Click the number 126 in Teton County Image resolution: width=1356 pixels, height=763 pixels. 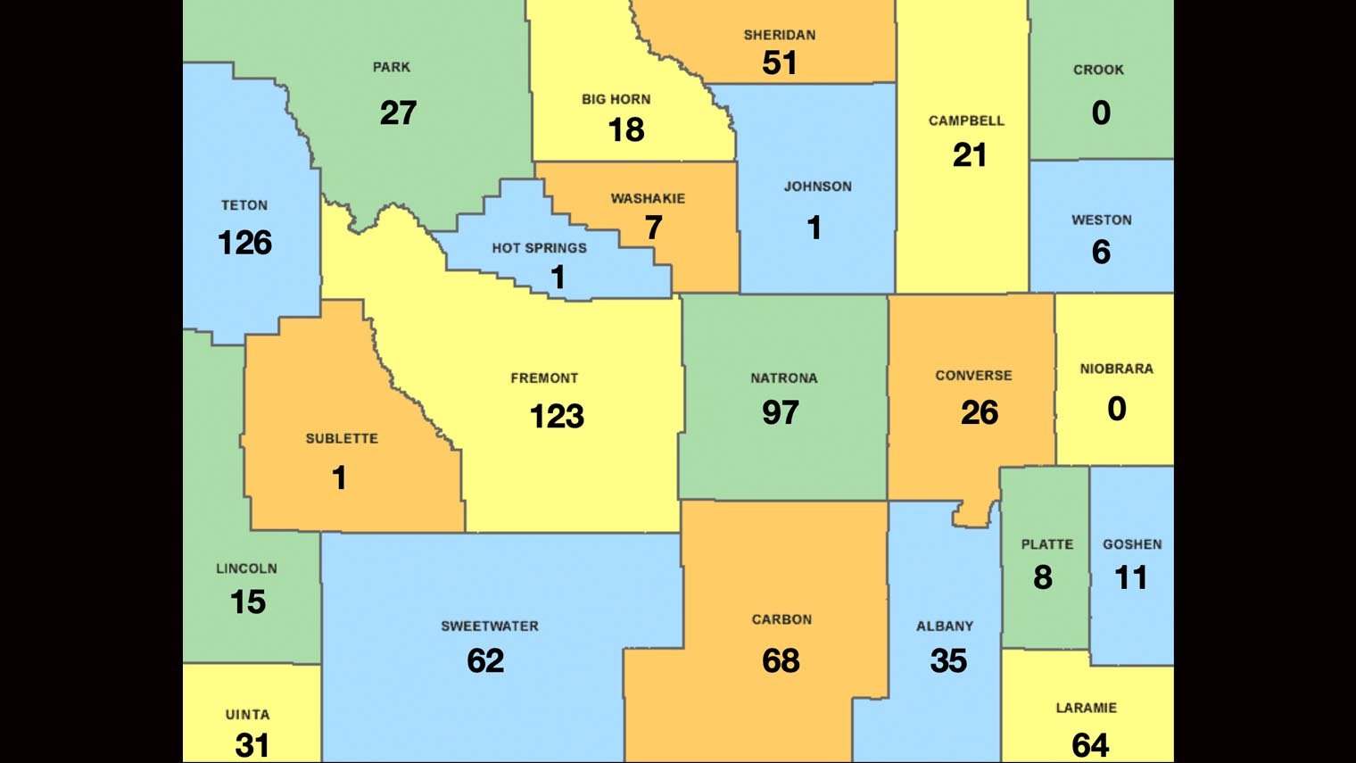click(244, 243)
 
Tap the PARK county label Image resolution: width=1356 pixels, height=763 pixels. click(392, 67)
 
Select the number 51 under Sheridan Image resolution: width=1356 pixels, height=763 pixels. click(780, 62)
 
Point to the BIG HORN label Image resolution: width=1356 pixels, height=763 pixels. click(616, 99)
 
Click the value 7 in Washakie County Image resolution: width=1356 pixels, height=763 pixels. click(654, 228)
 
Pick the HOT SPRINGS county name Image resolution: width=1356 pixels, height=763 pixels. click(539, 248)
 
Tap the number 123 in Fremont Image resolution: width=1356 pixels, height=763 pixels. click(557, 416)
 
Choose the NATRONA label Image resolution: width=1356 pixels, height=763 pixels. click(783, 378)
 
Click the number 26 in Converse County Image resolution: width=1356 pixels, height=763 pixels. click(979, 412)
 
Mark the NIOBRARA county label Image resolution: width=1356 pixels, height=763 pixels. click(1116, 369)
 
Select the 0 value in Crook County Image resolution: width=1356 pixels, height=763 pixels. click(1101, 112)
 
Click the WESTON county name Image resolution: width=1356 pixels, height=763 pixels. click(1101, 220)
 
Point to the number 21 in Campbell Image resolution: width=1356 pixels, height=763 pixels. click(969, 155)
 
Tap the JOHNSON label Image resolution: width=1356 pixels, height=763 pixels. click(817, 187)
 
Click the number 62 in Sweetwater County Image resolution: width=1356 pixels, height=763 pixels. click(485, 660)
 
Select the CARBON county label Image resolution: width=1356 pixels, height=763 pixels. click(781, 619)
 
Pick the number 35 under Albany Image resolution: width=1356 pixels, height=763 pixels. click(948, 660)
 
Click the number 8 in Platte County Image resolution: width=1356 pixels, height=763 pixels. click(1043, 577)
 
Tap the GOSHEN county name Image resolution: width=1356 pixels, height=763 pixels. click(1132, 544)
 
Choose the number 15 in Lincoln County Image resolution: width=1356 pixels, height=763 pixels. click(248, 601)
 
